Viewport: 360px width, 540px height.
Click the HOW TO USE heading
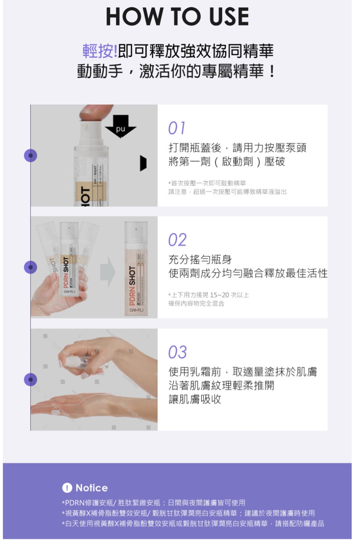click(177, 17)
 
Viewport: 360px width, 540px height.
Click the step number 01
click(177, 128)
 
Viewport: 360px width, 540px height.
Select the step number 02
click(177, 240)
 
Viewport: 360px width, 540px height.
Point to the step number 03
click(177, 352)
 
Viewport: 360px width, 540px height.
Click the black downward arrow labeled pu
click(121, 126)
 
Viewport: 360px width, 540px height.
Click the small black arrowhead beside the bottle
click(143, 163)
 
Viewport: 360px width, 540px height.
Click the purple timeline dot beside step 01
click(31, 156)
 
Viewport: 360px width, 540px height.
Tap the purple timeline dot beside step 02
click(31, 267)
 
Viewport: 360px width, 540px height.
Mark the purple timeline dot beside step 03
click(31, 379)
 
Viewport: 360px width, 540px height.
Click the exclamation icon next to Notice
click(67, 488)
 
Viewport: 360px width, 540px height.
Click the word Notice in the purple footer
click(92, 488)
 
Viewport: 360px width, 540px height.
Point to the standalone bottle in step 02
click(136, 269)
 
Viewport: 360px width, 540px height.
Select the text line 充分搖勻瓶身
click(200, 260)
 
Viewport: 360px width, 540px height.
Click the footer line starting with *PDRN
click(154, 503)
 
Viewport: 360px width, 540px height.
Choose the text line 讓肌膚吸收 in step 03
click(195, 399)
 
